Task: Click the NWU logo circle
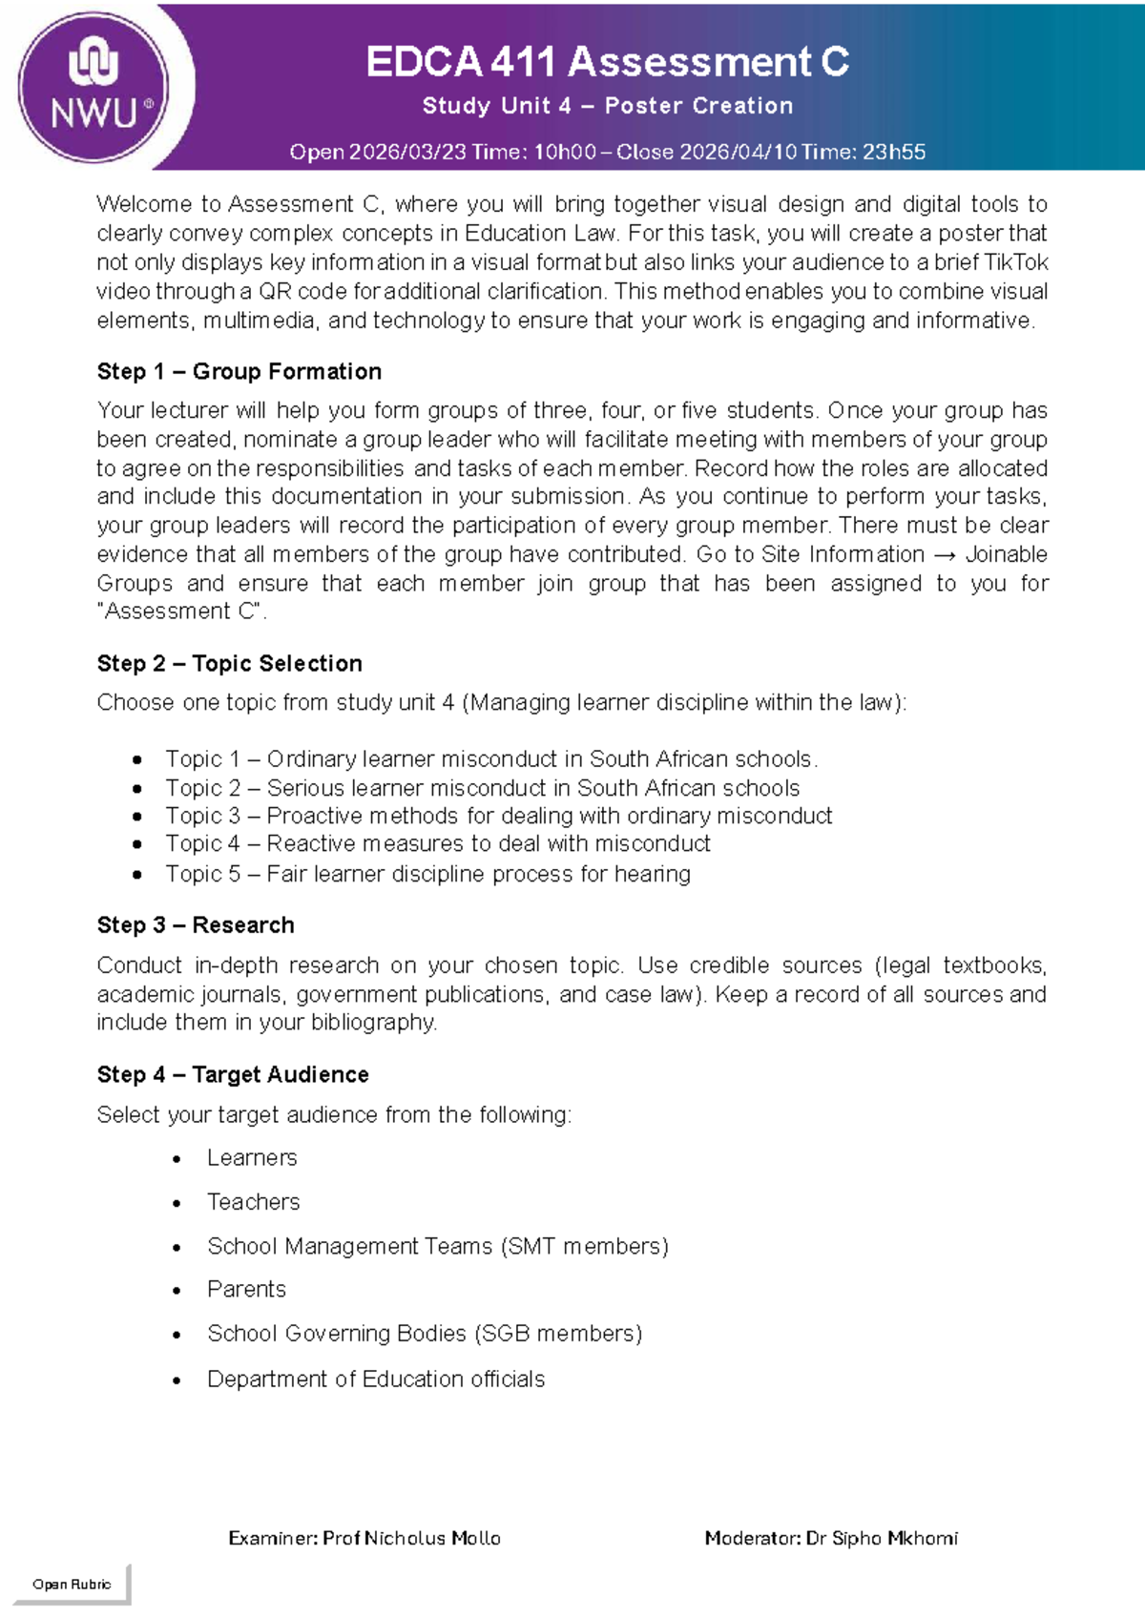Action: (x=94, y=88)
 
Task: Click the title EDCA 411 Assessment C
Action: (x=607, y=63)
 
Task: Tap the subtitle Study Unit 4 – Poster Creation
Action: (x=607, y=106)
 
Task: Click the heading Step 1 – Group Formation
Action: (x=239, y=371)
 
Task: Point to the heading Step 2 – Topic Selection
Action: (x=229, y=663)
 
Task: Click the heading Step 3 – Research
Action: (x=195, y=924)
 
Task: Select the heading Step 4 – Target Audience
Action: (x=232, y=1074)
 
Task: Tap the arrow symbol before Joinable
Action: (x=945, y=555)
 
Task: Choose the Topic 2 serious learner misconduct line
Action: (x=482, y=788)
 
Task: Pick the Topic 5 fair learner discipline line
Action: (x=427, y=874)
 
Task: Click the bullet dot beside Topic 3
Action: (x=138, y=817)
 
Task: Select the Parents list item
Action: (x=246, y=1289)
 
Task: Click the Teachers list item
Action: (x=253, y=1202)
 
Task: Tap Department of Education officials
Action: (x=375, y=1379)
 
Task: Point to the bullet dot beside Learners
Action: (x=177, y=1159)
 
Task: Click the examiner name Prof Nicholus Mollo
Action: (x=411, y=1538)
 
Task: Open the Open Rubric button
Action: (x=72, y=1584)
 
